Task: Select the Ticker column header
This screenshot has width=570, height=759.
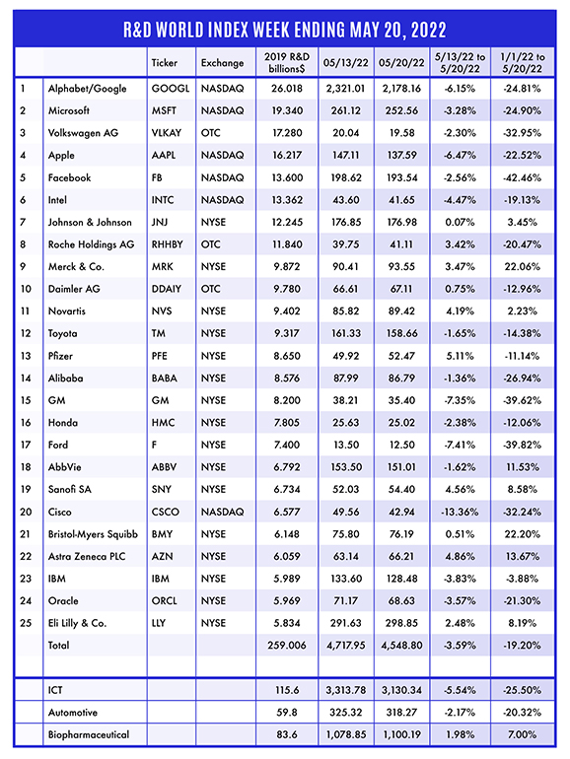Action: [x=164, y=63]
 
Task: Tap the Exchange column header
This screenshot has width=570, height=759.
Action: [x=222, y=63]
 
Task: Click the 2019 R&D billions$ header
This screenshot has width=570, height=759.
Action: [x=287, y=63]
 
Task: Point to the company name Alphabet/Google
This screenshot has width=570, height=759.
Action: [x=87, y=89]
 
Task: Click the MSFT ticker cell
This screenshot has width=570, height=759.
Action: [x=164, y=110]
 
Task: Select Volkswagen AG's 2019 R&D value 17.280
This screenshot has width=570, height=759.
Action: [x=287, y=133]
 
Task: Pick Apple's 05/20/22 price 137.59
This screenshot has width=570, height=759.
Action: [x=401, y=156]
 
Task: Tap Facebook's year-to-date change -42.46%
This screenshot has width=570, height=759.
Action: [x=522, y=177]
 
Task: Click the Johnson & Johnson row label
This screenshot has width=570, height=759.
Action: [x=90, y=222]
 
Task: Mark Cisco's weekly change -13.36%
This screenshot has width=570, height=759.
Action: [x=460, y=512]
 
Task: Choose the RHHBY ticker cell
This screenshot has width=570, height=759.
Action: [x=167, y=244]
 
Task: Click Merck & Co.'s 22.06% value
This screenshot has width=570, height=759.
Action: [x=522, y=267]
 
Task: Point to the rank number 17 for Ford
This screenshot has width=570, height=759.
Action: [x=26, y=445]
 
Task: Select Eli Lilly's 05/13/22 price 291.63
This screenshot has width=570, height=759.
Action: [x=346, y=623]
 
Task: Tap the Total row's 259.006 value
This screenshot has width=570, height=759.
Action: [x=287, y=646]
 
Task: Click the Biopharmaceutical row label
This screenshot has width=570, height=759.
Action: [x=89, y=734]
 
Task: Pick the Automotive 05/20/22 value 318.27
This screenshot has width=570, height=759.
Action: [x=401, y=713]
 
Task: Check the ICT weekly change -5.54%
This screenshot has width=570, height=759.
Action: [x=460, y=690]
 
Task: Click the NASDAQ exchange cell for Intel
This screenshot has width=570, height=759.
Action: [x=222, y=200]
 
